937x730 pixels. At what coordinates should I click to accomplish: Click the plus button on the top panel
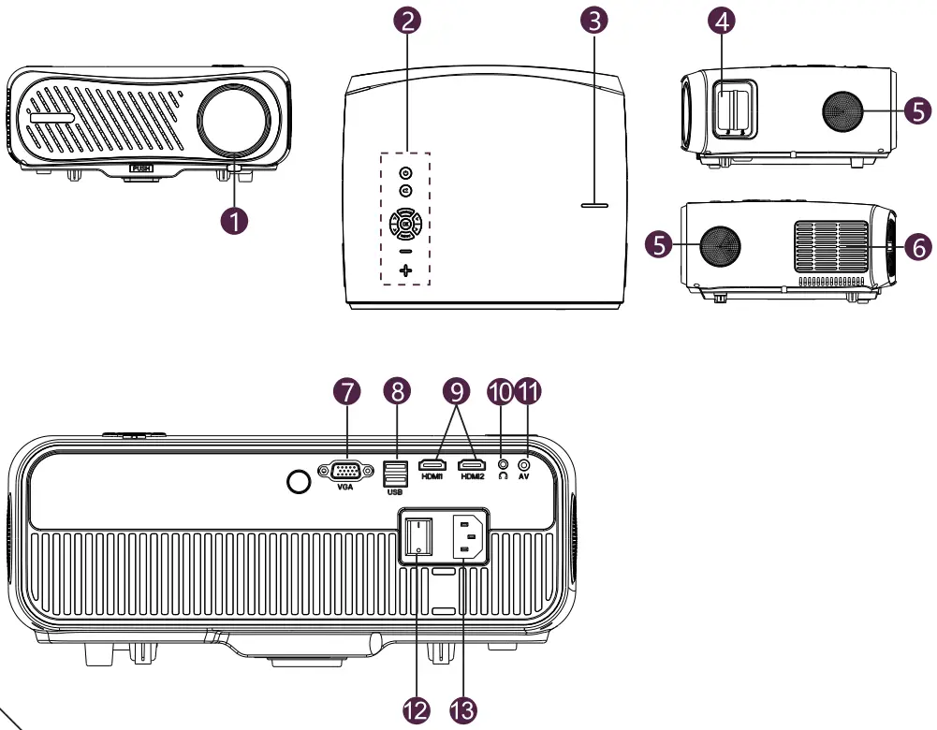pyautogui.click(x=405, y=270)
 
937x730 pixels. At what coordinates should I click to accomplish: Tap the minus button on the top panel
pyautogui.click(x=405, y=251)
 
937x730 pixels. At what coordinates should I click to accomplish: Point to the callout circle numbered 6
pyautogui.click(x=917, y=247)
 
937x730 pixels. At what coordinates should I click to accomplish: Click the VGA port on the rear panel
pyautogui.click(x=346, y=471)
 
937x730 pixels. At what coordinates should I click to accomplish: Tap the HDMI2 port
pyautogui.click(x=471, y=465)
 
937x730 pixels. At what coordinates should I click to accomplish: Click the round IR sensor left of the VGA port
pyautogui.click(x=299, y=481)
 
